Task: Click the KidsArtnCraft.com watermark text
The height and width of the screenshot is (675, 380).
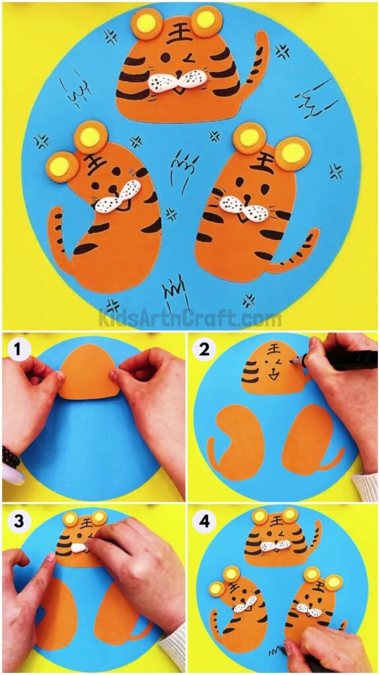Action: pyautogui.click(x=190, y=319)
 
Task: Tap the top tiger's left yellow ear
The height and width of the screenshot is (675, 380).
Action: pyautogui.click(x=144, y=25)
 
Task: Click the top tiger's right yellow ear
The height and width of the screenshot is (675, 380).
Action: pyautogui.click(x=206, y=20)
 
